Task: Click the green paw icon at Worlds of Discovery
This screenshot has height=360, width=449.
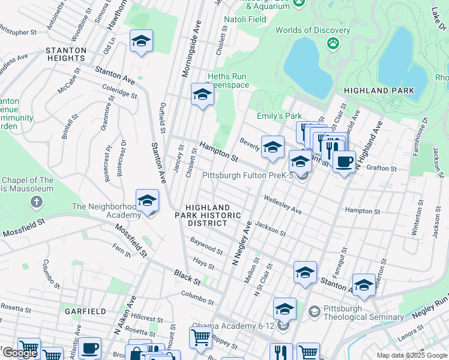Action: (x=333, y=43)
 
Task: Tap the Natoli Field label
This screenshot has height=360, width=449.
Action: (x=228, y=19)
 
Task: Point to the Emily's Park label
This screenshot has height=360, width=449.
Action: (x=279, y=116)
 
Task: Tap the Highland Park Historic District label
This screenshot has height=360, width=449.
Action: (x=209, y=215)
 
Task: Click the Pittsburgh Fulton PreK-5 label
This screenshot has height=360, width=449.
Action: (x=247, y=176)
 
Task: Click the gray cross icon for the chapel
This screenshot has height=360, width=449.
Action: (x=37, y=201)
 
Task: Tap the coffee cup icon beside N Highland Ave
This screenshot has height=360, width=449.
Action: (x=344, y=161)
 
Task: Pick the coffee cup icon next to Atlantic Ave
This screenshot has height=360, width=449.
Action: (x=89, y=348)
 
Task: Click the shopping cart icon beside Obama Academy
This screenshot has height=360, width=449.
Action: (x=201, y=337)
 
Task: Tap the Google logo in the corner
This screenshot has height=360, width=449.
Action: (x=20, y=353)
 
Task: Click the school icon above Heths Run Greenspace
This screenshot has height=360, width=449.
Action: (x=202, y=95)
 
